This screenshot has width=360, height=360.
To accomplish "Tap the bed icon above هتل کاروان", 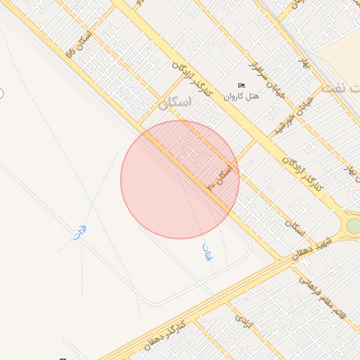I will (242, 86).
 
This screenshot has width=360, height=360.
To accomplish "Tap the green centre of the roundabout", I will (354, 226).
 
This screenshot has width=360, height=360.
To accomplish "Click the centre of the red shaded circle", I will (180, 179).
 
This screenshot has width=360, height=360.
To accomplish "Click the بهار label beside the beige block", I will (303, 63).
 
